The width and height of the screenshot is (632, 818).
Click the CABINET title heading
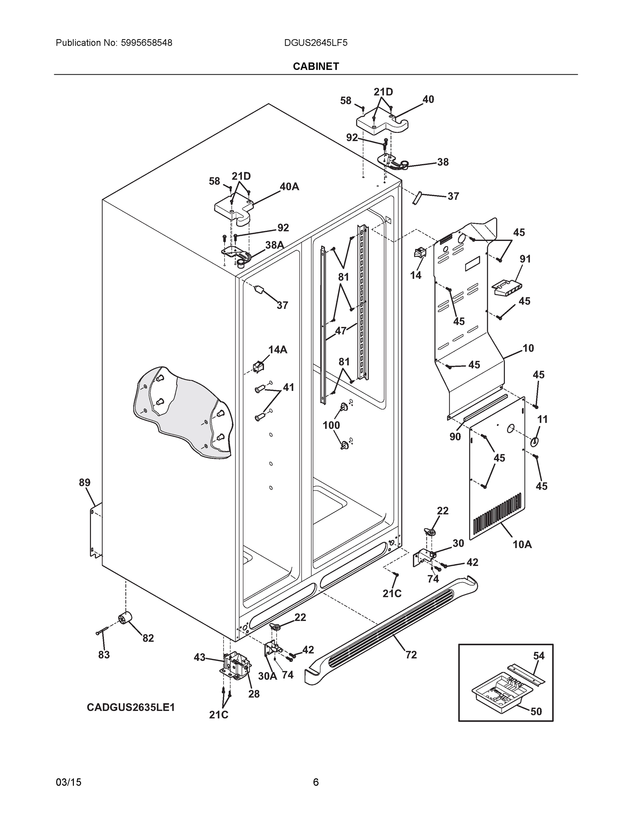click(315, 66)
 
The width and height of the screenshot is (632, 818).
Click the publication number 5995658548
click(147, 43)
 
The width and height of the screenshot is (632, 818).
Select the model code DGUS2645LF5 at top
click(315, 43)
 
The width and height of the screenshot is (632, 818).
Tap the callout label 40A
click(289, 186)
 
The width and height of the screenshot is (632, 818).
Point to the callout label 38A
click(275, 245)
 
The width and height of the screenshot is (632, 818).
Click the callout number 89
click(84, 483)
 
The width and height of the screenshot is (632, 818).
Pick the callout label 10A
click(522, 545)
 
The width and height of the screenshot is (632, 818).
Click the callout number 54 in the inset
click(539, 656)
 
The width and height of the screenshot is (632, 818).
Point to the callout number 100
click(332, 425)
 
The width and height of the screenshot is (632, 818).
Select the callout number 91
click(525, 259)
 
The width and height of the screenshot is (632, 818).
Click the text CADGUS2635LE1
click(131, 708)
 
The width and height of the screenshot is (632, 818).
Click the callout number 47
click(341, 331)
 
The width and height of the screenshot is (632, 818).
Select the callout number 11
click(542, 420)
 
